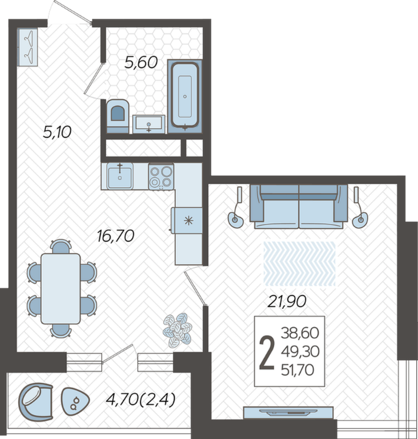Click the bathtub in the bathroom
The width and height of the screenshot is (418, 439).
(x=185, y=96)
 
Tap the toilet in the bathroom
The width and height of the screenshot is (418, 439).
(x=118, y=116)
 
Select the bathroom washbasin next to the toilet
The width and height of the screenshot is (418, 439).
(x=149, y=124)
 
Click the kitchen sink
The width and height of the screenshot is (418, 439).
(x=120, y=177)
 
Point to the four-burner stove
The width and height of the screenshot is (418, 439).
(x=161, y=177)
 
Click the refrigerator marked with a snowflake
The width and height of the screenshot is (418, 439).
(x=187, y=220)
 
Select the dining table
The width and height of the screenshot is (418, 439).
(x=61, y=289)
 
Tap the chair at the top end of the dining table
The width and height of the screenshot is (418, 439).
(x=61, y=247)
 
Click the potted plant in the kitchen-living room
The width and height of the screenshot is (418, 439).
(x=178, y=330)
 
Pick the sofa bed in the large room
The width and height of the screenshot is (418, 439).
(x=299, y=207)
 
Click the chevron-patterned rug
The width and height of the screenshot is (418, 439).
(x=299, y=264)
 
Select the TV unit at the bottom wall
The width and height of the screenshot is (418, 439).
(x=288, y=413)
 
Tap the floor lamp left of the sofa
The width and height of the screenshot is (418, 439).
(x=236, y=208)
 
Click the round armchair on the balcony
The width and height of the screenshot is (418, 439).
(x=35, y=402)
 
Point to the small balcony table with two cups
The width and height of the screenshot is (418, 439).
(x=75, y=402)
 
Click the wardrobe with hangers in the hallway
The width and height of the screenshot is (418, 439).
(x=27, y=47)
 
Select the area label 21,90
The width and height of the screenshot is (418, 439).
(x=286, y=301)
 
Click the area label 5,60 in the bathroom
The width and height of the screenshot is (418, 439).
(x=141, y=62)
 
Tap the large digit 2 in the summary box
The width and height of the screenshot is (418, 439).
(x=267, y=352)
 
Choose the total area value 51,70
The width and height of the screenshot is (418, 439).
(x=297, y=370)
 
